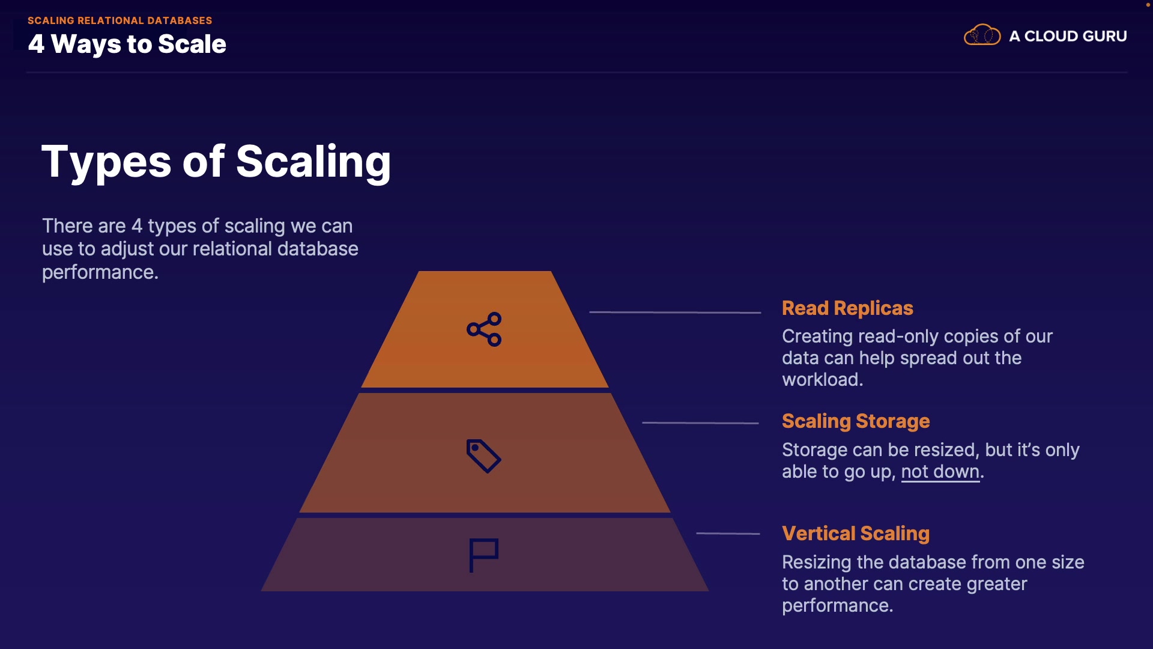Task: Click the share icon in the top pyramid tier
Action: pos(484,329)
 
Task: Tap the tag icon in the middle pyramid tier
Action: pos(483,456)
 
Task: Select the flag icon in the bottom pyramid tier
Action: pos(483,554)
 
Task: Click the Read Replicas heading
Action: pos(847,308)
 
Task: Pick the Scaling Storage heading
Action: pos(855,421)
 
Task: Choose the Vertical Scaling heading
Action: pos(855,534)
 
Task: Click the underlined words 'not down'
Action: pos(940,472)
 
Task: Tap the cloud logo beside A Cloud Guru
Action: pos(982,35)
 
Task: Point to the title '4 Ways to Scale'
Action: pos(127,44)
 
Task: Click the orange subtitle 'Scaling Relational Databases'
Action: pos(120,20)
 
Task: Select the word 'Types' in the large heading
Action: pos(106,162)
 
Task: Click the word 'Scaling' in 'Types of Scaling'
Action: pos(313,162)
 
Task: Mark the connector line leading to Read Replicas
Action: pos(675,312)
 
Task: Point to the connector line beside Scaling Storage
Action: pos(700,423)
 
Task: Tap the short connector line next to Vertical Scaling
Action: pos(728,534)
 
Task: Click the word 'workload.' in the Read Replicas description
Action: pos(822,380)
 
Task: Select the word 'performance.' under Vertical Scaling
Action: pos(837,606)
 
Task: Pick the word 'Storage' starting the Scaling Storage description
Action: pos(814,450)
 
